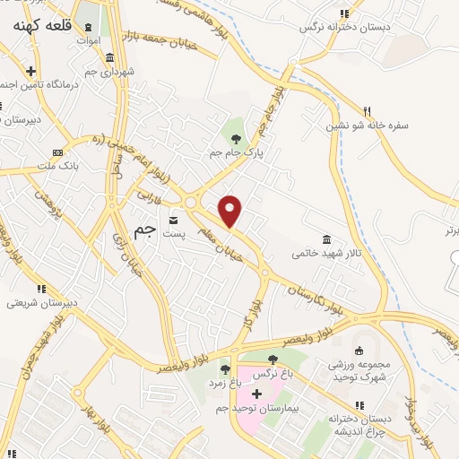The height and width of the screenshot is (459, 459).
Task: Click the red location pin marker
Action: coord(231,210)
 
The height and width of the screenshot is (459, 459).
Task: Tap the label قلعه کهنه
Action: coord(43,27)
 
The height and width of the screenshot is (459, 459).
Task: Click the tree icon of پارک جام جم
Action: coord(236,139)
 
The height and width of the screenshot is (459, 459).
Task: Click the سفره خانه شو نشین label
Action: coord(368,125)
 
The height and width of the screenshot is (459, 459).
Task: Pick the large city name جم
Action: coord(145,230)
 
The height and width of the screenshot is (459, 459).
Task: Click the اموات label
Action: coord(88,40)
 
